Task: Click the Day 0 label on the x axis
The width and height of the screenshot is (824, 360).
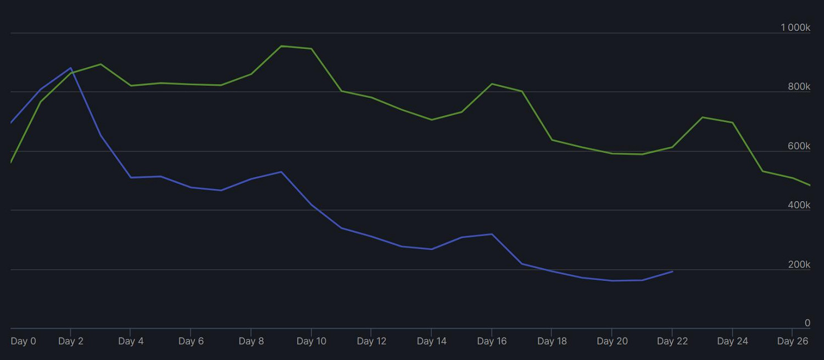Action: tap(23, 341)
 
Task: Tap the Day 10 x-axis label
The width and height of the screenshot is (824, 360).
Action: tap(311, 341)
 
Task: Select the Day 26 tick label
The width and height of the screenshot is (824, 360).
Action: tap(793, 341)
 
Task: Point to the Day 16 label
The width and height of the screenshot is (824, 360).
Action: tap(492, 341)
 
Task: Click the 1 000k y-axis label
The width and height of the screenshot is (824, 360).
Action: tap(795, 27)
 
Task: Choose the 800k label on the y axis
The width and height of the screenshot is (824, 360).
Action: tap(799, 87)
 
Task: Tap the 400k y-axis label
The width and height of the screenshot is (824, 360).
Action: tap(799, 205)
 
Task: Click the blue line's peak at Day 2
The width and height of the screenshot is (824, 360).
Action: tap(71, 68)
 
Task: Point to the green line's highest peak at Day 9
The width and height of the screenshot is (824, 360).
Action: tap(281, 46)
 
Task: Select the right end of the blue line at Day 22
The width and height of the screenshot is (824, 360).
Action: tap(672, 272)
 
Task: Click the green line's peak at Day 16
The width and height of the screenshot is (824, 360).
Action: tap(492, 84)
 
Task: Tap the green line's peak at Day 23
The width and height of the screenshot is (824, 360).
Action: tap(703, 117)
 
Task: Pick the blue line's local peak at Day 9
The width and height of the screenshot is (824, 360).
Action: tap(281, 172)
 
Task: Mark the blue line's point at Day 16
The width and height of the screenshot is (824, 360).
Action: tap(492, 235)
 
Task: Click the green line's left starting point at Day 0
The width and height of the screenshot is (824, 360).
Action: tap(12, 162)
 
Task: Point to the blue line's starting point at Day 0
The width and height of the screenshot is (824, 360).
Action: tap(12, 123)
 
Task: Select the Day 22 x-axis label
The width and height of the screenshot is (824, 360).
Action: tap(672, 341)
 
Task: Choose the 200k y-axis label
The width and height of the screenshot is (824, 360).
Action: tap(799, 264)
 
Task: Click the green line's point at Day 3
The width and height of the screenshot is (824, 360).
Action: tap(101, 64)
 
